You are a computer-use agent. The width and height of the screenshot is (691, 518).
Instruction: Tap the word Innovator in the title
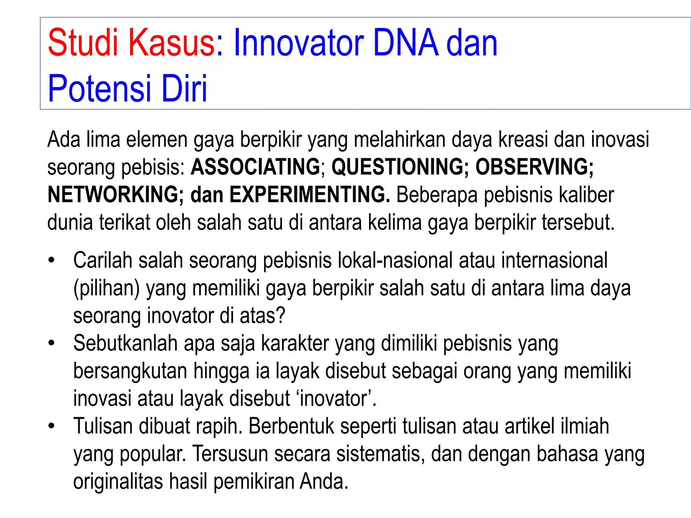[x=298, y=43]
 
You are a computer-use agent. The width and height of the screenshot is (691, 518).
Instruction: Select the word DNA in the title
[x=406, y=43]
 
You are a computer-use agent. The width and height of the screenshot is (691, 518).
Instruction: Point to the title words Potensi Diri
[x=128, y=88]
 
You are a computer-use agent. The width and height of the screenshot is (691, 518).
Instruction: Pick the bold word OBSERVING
[x=534, y=167]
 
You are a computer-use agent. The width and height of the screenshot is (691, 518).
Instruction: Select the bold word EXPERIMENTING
[x=310, y=195]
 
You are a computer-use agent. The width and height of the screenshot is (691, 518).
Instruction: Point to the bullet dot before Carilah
[x=51, y=260]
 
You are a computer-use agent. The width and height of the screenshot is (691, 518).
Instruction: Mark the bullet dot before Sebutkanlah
[x=51, y=343]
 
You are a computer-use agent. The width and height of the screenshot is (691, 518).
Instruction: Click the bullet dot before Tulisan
[x=51, y=426]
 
